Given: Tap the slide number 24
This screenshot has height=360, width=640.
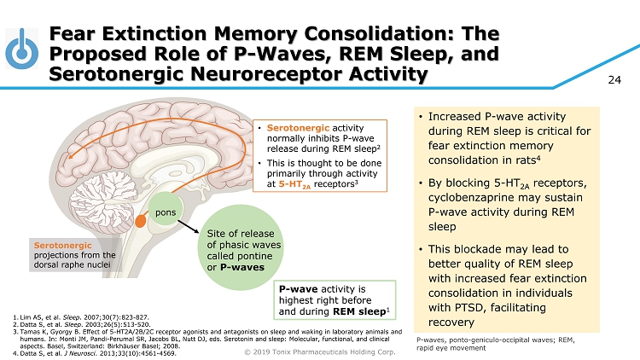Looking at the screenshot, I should click(614, 80).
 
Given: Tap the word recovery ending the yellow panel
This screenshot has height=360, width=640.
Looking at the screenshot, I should click(451, 324).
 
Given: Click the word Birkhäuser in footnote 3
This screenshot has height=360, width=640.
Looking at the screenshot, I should click(174, 345).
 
